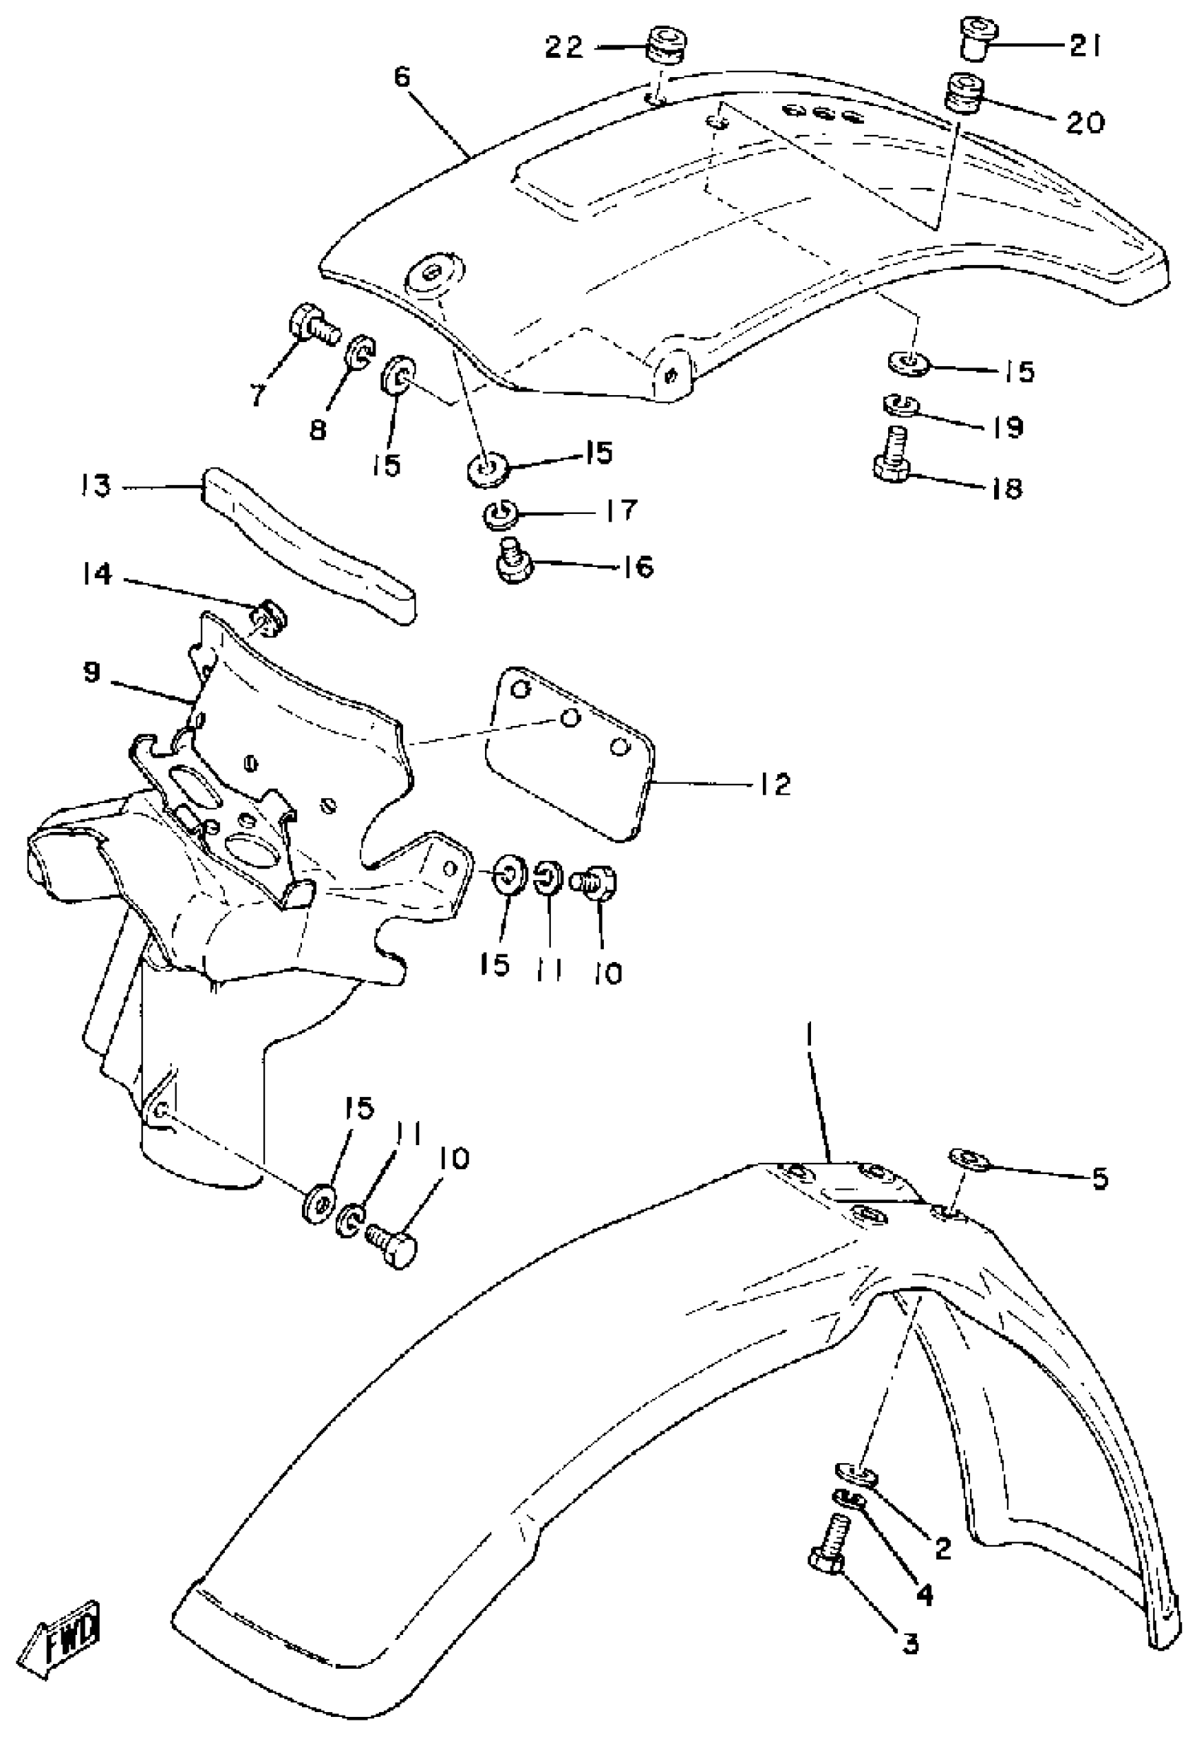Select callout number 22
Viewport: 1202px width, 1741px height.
(565, 47)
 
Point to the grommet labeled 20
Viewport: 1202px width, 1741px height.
(963, 91)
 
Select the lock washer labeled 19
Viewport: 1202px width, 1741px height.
(899, 405)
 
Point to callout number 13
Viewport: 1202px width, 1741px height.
(96, 486)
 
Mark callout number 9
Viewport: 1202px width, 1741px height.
(91, 672)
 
